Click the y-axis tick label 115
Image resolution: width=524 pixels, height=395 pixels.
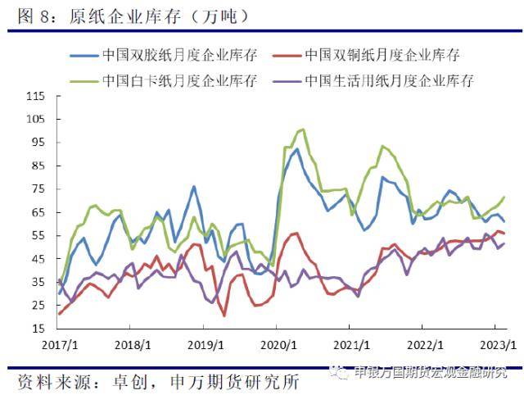click(34, 95)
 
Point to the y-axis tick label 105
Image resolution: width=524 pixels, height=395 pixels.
click(34, 118)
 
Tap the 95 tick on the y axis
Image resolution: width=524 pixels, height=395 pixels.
click(38, 142)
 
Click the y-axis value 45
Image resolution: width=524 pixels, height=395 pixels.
click(38, 259)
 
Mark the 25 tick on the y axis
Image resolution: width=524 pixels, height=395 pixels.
click(38, 306)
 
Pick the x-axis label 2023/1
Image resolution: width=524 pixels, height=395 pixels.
click(495, 345)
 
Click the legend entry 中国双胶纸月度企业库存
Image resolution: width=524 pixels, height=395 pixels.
click(180, 56)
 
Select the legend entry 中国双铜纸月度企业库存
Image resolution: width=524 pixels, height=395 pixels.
click(382, 56)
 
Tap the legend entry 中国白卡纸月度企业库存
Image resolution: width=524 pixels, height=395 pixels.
click(180, 81)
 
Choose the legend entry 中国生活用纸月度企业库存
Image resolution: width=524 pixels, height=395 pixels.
click(389, 81)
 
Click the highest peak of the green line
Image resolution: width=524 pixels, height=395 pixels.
click(303, 129)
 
